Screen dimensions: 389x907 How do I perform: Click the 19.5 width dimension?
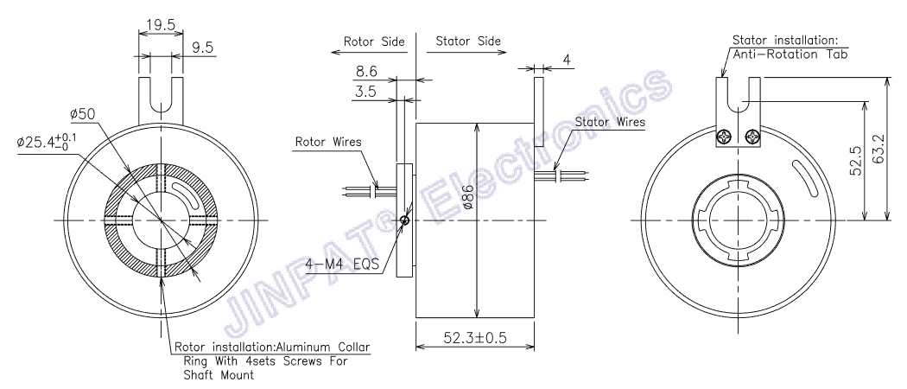pyautogui.click(x=160, y=25)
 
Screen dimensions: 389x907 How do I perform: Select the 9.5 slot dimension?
pyautogui.click(x=204, y=48)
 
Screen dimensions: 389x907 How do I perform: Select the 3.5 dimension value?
pyautogui.click(x=365, y=91)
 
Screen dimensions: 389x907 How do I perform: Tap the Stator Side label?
pyautogui.click(x=467, y=41)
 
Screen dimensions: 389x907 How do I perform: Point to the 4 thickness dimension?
pyautogui.click(x=567, y=60)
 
